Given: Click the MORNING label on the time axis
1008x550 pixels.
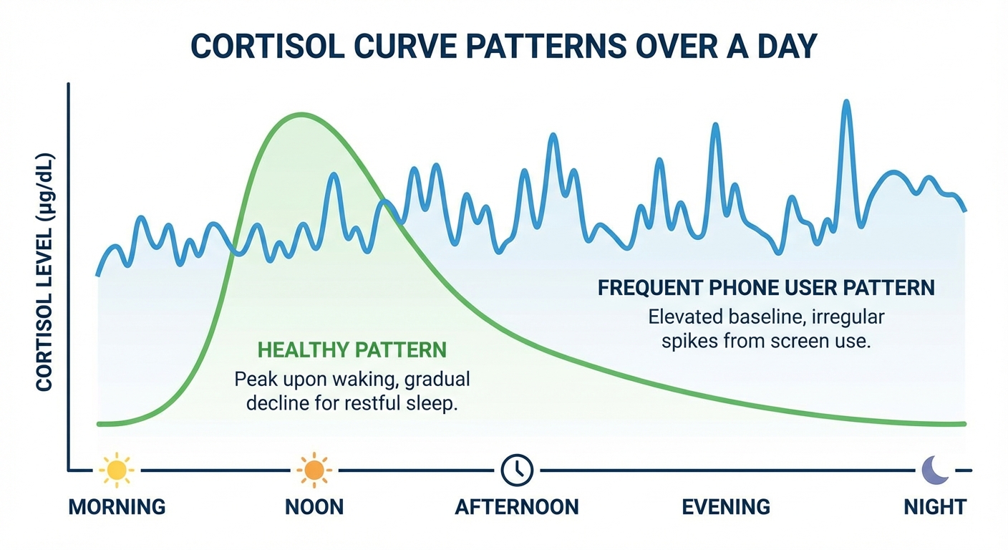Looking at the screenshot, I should pos(117,508).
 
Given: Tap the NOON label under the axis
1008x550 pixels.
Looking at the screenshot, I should pos(314,508).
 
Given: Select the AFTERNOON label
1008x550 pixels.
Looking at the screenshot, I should pos(517,508).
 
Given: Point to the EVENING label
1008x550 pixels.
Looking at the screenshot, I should pos(726,508).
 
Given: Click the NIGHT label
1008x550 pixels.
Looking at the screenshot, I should pos(935,508).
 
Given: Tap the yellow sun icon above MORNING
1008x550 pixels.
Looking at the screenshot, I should pos(116,471).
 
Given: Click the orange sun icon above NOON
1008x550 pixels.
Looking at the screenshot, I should pos(314,471).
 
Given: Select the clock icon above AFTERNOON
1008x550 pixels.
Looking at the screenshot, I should pos(517,471).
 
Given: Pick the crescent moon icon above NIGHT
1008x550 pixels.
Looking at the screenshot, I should pos(934,471).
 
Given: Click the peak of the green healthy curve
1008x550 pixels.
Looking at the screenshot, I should pos(302,115).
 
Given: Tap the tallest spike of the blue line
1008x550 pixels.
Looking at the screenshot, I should pos(847,102).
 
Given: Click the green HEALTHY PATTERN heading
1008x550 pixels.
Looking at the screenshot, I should pos(352,350).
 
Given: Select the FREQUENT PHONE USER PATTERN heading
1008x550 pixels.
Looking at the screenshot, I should pos(766,288).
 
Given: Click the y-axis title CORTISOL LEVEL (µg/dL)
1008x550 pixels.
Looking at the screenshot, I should pos(45,272).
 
